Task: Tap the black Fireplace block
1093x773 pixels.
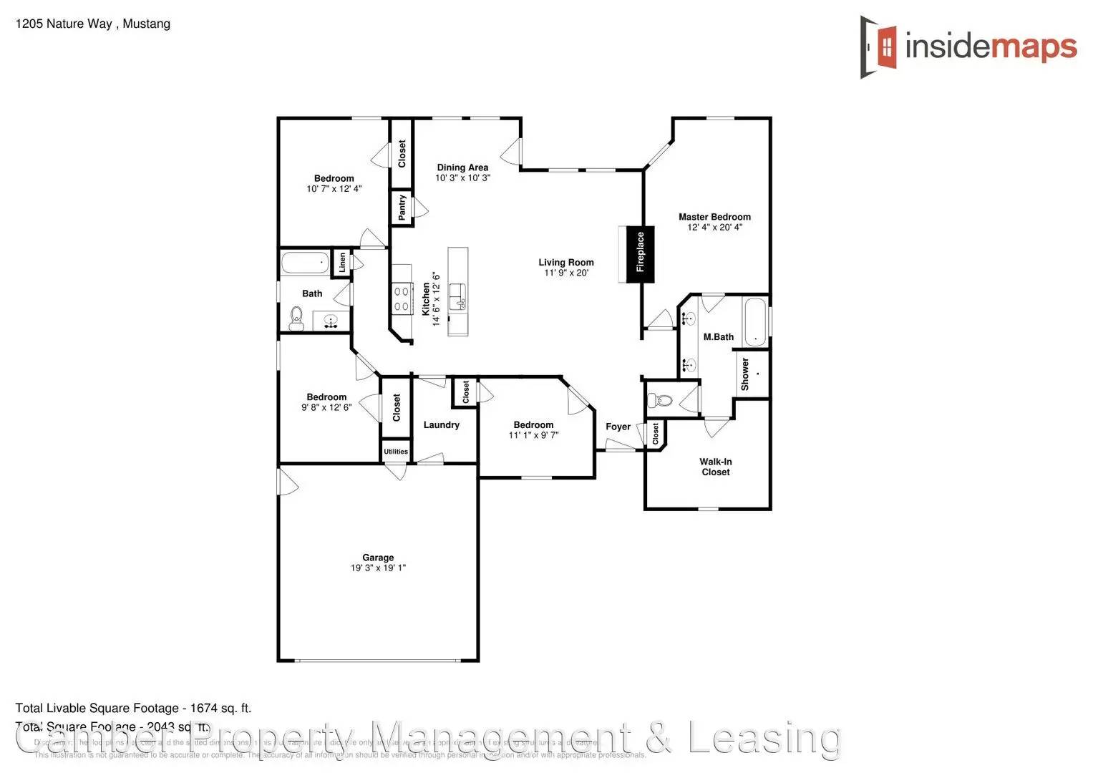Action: click(x=641, y=254)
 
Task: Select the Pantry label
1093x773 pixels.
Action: click(x=402, y=207)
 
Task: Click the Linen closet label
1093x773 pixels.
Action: click(x=342, y=263)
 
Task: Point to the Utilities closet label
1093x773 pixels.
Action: click(x=396, y=452)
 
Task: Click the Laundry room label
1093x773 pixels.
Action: click(x=441, y=425)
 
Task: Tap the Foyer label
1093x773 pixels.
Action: click(x=618, y=427)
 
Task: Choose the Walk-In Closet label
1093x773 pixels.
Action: click(x=716, y=467)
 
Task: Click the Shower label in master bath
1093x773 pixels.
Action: click(x=745, y=374)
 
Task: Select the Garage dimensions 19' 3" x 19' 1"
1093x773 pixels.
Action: click(x=378, y=568)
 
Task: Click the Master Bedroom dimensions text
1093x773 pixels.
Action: click(x=714, y=228)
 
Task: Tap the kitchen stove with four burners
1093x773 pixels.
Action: click(x=402, y=298)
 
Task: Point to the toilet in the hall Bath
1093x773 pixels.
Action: click(x=296, y=317)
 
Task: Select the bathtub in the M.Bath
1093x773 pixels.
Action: click(x=755, y=323)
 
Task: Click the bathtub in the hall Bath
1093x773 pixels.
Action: click(x=305, y=263)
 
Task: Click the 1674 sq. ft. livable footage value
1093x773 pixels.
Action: click(x=220, y=709)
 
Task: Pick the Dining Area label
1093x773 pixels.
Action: click(x=462, y=167)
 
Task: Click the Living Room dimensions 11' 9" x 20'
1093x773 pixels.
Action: click(x=566, y=273)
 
